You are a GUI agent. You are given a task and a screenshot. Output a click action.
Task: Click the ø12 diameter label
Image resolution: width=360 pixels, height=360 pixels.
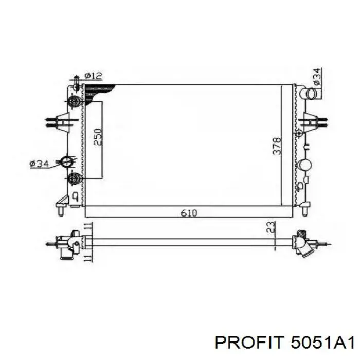pos(93,76)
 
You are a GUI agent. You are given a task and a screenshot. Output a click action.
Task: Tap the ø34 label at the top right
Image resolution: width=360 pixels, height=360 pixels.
pos(317,77)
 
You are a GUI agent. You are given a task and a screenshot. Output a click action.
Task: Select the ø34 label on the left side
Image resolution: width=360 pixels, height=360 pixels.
pos(39,164)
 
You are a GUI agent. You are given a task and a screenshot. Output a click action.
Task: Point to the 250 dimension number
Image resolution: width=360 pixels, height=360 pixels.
pos(98,137)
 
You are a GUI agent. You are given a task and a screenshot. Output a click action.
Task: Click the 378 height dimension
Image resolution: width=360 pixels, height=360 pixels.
pos(277,146)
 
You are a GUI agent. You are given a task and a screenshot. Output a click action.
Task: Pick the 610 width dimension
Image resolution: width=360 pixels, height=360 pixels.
pos(189,213)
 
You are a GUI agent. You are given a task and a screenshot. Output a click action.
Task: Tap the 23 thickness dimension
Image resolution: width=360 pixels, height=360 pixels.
pos(271,227)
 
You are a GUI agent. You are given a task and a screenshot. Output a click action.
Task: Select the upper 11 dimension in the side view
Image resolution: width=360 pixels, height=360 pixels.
pos(88,226)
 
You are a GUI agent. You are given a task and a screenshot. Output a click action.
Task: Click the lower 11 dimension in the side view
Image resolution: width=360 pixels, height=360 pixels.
pos(88,258)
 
